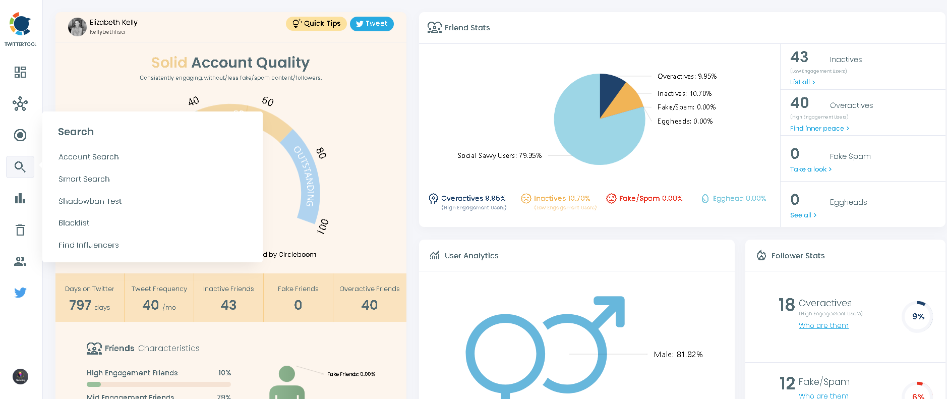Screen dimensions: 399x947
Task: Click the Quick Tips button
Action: [316, 24]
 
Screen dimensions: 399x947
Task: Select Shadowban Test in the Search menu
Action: [90, 201]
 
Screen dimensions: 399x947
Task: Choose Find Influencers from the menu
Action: [88, 245]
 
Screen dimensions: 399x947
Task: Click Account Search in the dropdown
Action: [88, 157]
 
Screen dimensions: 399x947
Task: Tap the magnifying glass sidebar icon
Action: [20, 167]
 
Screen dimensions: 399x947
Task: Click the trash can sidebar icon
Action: [20, 230]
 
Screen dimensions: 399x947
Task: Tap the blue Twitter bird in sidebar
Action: [20, 293]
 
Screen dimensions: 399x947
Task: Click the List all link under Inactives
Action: [802, 82]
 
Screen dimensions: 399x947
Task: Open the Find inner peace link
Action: [819, 129]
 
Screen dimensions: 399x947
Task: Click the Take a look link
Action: [810, 169]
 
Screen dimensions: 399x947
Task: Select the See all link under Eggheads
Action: [803, 215]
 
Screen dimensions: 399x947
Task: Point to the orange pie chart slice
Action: [624, 101]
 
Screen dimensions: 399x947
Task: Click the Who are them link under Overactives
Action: [823, 326]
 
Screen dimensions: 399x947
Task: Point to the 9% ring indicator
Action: [917, 317]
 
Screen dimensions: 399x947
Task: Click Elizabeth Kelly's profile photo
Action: [77, 27]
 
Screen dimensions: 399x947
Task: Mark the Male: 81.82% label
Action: [678, 355]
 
